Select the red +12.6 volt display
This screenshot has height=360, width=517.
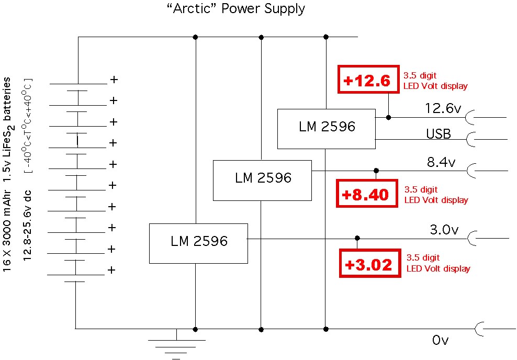pyautogui.click(x=367, y=81)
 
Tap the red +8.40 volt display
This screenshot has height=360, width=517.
pyautogui.click(x=365, y=195)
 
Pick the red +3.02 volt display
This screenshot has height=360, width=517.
pyautogui.click(x=368, y=264)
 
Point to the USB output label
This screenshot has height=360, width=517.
pyautogui.click(x=438, y=134)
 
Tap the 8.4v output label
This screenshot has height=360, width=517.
pyautogui.click(x=441, y=162)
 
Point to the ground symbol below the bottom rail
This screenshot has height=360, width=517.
pyautogui.click(x=176, y=345)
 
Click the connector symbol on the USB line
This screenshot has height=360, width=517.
pyautogui.click(x=470, y=139)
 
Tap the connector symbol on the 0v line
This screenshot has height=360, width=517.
pyautogui.click(x=479, y=329)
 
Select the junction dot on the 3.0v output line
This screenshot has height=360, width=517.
pyautogui.click(x=357, y=238)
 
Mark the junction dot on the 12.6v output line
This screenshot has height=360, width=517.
pyautogui.click(x=388, y=117)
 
